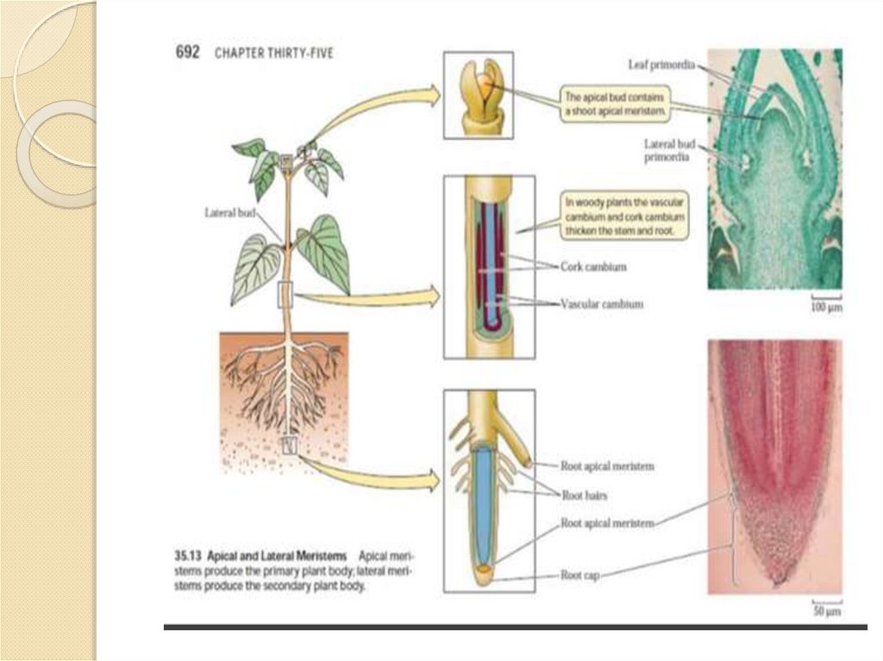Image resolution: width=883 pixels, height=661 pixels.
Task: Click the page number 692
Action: click(187, 52)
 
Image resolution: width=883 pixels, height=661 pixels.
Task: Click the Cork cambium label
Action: click(593, 267)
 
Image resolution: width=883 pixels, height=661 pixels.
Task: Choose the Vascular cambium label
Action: click(602, 304)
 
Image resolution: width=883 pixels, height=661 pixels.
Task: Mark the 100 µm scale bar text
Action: click(825, 307)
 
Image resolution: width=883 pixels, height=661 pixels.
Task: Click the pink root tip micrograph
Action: click(774, 465)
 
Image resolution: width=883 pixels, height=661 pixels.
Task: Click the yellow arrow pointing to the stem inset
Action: click(366, 298)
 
